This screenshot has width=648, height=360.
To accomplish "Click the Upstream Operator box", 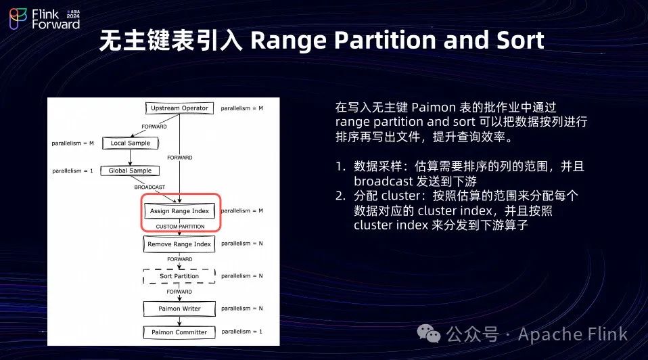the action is point(179,108).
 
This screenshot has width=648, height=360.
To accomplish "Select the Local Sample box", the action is point(130,143).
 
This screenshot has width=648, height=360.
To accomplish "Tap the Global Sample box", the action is point(130,171).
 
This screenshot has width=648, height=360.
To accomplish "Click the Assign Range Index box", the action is point(180,211).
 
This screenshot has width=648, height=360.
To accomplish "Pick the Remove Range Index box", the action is point(179,244).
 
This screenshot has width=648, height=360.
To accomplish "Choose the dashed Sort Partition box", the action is point(179,276).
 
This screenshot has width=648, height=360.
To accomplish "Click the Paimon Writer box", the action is point(179,309).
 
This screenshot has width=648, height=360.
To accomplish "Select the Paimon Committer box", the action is point(179,332).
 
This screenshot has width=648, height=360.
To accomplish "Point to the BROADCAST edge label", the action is point(150,187).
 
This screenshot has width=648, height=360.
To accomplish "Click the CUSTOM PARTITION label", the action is point(180,227).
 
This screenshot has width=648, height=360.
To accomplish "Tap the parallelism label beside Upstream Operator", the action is point(242,108).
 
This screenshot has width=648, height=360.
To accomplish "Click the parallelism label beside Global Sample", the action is point(72,171).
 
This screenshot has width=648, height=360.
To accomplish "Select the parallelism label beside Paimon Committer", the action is point(241,332).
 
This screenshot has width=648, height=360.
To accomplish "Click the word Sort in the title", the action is point(519,41).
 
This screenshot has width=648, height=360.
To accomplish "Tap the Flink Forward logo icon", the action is point(18,19).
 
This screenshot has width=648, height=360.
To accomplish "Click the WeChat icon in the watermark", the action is point(428,333).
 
